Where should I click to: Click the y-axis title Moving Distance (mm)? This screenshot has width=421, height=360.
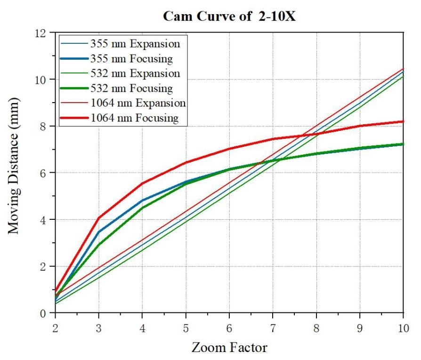14,166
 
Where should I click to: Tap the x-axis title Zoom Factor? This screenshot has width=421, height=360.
229,347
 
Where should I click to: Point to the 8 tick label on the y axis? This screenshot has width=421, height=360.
47,126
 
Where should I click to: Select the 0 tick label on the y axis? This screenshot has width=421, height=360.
47,313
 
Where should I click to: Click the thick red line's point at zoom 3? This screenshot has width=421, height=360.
98,218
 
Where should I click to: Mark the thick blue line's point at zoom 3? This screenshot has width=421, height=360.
98,232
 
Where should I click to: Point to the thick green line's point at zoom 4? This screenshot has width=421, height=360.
142,208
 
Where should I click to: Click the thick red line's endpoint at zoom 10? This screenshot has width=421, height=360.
403,121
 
